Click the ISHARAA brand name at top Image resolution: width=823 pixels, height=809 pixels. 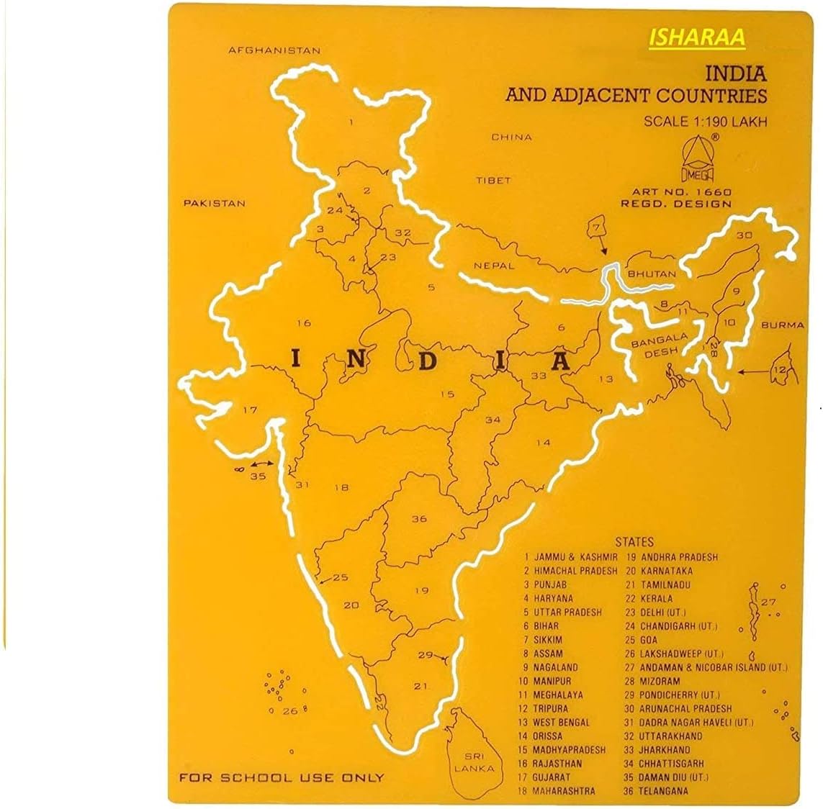(x=696, y=37)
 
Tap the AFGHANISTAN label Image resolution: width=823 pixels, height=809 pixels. (x=274, y=51)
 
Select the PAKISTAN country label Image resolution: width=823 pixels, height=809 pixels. (x=214, y=203)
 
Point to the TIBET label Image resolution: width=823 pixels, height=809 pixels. (x=493, y=181)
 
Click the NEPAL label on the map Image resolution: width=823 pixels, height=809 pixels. (x=494, y=266)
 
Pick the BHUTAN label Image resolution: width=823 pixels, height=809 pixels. (x=652, y=274)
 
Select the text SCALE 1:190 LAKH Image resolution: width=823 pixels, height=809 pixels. (x=705, y=122)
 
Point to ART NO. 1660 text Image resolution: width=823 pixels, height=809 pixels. (x=681, y=192)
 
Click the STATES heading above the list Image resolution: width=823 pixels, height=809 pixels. (x=634, y=542)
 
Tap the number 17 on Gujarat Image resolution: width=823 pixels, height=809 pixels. (x=249, y=410)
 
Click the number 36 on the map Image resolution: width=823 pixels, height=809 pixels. (x=419, y=519)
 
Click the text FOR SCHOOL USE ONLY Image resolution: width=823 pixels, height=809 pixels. (x=282, y=778)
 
